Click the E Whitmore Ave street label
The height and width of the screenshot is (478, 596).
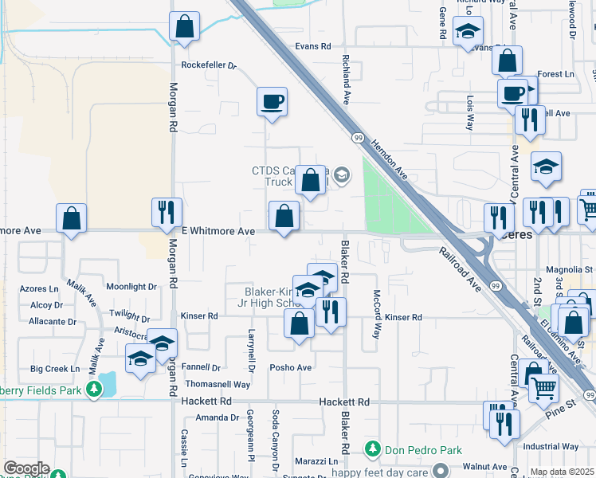[218, 231]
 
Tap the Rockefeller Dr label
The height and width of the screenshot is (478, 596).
[210, 65]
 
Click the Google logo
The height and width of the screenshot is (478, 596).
[26, 468]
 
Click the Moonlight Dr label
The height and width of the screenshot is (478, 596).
[131, 287]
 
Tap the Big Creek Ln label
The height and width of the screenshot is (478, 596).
[55, 369]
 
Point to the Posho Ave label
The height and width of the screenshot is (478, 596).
[291, 368]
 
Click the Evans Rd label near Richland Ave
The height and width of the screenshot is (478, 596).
[312, 46]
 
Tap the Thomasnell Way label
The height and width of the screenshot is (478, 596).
[219, 384]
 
